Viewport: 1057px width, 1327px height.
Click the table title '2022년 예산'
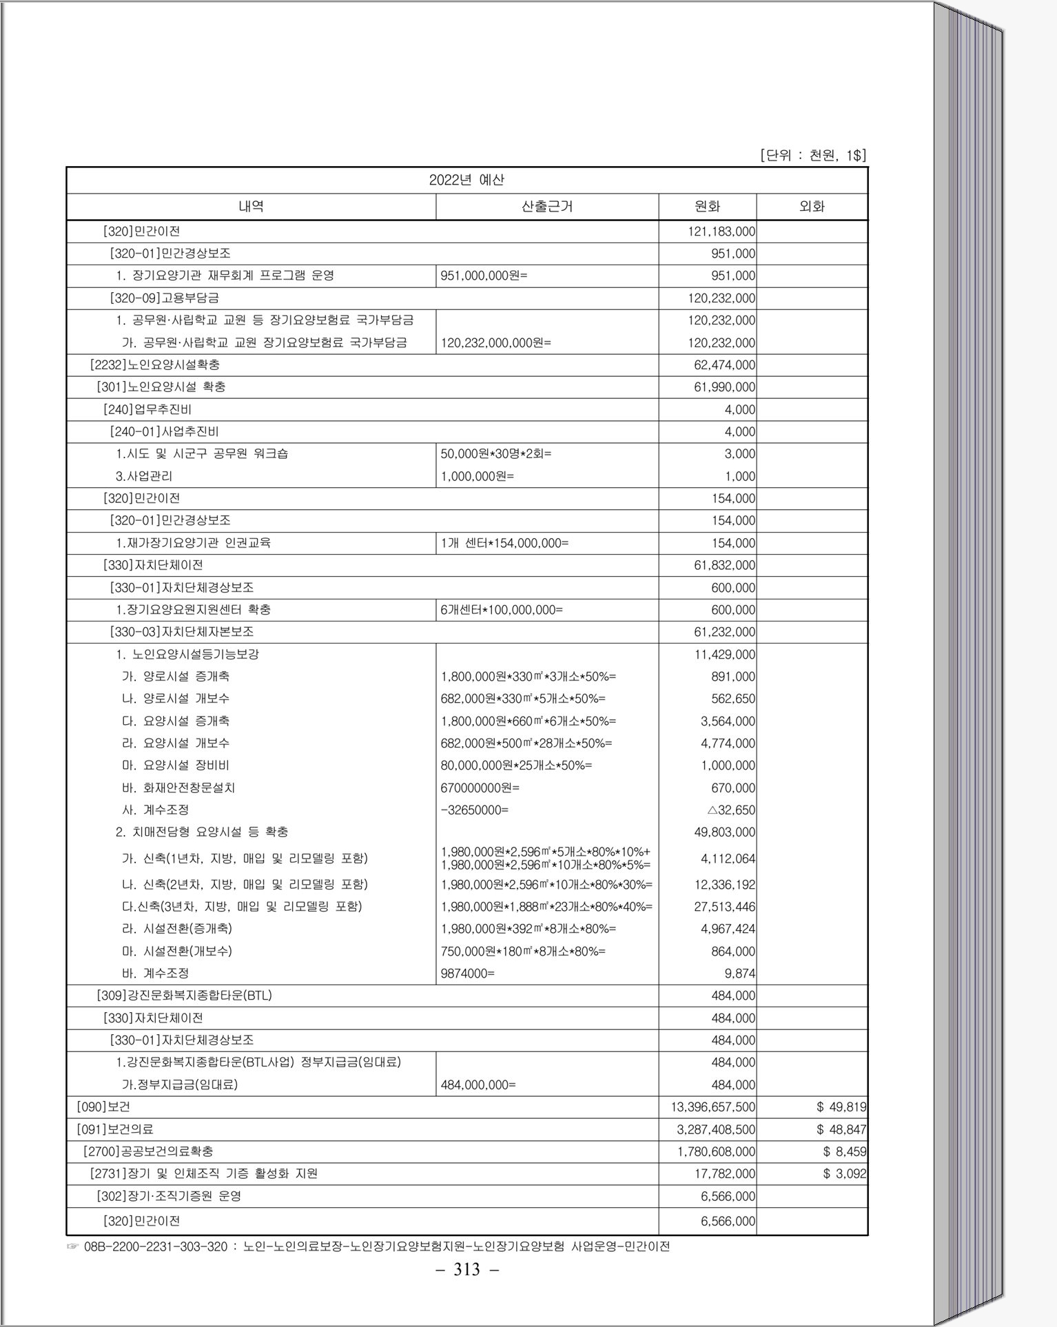[466, 181]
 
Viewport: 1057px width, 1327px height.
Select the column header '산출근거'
[547, 206]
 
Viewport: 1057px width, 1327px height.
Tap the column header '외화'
[812, 206]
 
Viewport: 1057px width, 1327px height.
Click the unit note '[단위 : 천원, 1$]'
[812, 155]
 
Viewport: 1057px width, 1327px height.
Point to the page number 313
[466, 1269]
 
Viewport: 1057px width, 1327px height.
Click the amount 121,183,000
[721, 232]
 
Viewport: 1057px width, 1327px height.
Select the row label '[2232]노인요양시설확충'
[155, 364]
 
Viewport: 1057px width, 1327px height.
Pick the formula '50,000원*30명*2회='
[495, 453]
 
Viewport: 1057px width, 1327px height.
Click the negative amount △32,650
[731, 810]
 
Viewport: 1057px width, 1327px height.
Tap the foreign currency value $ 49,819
[841, 1107]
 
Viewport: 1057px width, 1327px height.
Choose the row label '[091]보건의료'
[115, 1129]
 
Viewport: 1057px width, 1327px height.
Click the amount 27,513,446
[724, 907]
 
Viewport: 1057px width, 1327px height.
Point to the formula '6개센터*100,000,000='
[502, 610]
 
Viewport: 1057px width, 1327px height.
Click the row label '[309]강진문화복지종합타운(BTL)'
[184, 996]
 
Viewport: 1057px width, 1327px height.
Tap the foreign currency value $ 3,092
[844, 1173]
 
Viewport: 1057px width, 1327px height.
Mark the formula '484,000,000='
[478, 1084]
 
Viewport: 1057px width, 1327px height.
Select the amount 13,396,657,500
[713, 1107]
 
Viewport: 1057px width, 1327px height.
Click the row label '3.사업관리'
[144, 476]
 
